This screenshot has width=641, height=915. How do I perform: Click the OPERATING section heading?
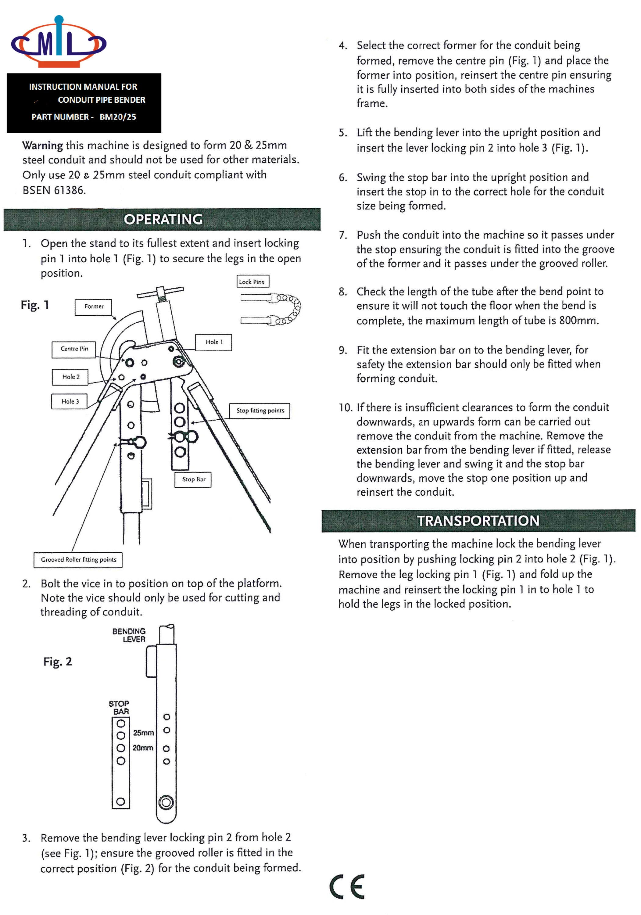163,220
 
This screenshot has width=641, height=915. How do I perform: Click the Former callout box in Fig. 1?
93,307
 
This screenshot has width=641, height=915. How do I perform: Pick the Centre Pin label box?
74,349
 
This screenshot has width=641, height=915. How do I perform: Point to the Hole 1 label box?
213,342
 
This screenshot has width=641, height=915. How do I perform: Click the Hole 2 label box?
70,377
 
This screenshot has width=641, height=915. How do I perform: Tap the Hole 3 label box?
70,402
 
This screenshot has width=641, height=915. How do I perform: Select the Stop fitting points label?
260,411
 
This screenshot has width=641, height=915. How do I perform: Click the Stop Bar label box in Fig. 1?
193,479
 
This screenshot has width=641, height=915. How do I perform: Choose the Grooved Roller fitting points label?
78,560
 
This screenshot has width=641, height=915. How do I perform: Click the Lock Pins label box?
252,282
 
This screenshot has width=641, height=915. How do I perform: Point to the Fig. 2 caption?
57,662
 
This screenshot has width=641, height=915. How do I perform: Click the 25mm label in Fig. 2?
143,733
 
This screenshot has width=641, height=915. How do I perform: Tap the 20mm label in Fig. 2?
143,748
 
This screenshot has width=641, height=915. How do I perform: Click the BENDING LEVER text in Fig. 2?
129,635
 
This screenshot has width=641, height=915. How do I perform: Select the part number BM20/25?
117,117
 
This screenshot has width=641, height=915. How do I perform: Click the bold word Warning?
42,145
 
